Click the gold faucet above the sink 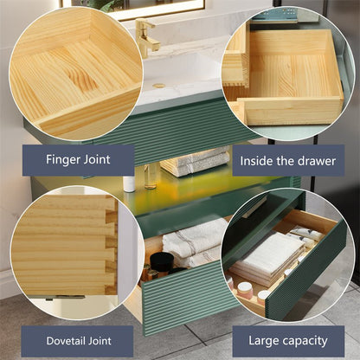tap(147, 36)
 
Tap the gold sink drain tap(158, 87)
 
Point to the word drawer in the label tap(316, 159)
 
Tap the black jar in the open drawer tap(161, 263)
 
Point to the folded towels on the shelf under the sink tap(195, 161)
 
